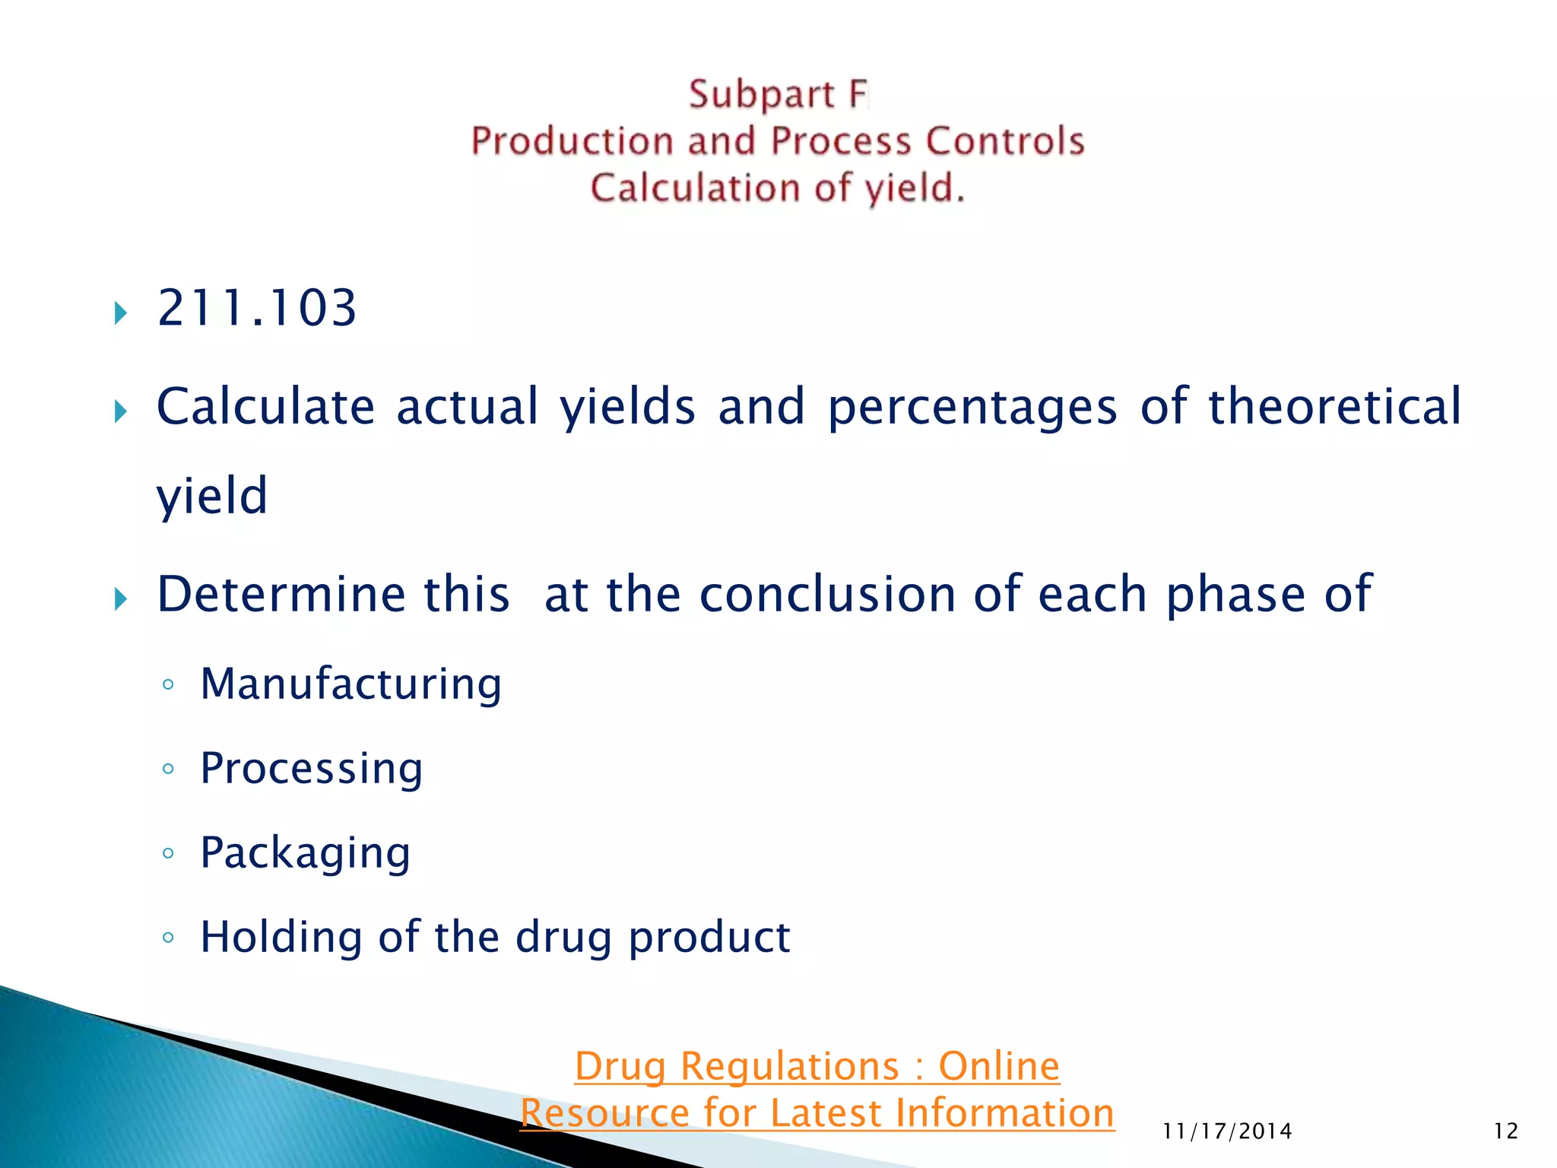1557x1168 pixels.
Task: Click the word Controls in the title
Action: (1004, 141)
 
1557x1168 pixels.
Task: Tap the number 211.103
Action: (256, 309)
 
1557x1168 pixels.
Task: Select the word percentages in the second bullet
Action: (972, 406)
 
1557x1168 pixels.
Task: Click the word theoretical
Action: (1334, 406)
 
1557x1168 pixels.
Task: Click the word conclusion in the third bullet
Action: (827, 594)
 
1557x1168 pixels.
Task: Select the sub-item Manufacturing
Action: (350, 684)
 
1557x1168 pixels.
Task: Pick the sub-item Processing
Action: (311, 768)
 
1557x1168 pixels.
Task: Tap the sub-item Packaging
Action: (305, 852)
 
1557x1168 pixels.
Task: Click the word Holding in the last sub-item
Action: (281, 937)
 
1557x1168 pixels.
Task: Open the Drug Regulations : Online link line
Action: (817, 1066)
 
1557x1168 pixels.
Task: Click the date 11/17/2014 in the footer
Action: (1227, 1131)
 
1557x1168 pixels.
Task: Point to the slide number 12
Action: (1505, 1131)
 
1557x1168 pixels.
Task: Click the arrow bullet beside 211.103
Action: (120, 313)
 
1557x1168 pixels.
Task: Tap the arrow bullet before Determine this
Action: (120, 599)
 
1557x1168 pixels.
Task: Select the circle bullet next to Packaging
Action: (168, 853)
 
